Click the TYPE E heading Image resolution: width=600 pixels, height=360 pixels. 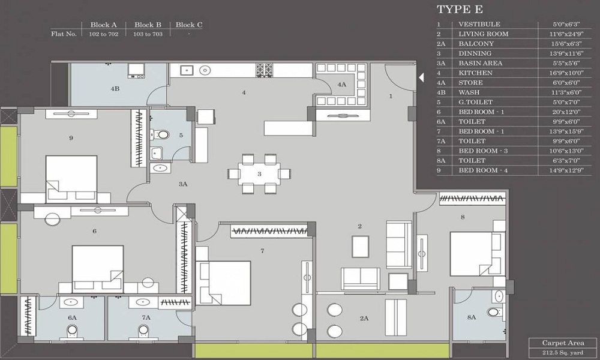[x=460, y=10]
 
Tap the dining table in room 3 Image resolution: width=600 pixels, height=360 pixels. [x=259, y=174]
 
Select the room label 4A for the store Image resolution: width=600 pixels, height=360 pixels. [x=342, y=85]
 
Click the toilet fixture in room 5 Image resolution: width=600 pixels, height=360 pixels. [x=164, y=134]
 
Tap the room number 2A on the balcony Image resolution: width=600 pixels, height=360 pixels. [x=364, y=319]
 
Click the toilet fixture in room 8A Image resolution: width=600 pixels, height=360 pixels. [x=494, y=312]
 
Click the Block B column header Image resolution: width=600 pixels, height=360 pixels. [x=148, y=25]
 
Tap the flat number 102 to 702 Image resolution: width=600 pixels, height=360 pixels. [x=103, y=34]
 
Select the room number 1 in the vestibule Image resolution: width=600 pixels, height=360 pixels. [x=391, y=95]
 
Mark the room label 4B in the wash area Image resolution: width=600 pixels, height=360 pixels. [x=115, y=89]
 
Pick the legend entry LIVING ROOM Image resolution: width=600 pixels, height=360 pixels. [x=483, y=34]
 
